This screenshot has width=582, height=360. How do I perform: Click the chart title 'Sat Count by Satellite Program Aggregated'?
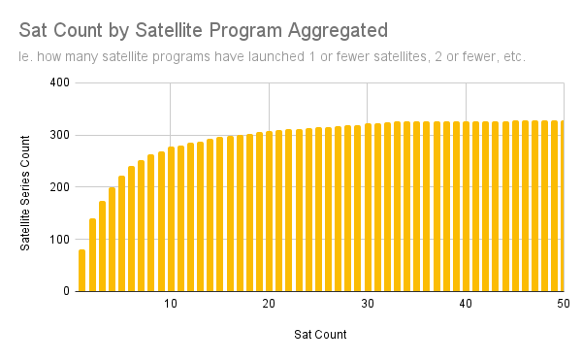tap(204, 31)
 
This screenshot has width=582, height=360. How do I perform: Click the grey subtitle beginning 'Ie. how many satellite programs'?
tap(272, 57)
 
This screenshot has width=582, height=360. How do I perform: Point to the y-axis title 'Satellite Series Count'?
tap(25, 193)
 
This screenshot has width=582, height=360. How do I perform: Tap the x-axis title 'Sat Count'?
tap(320, 335)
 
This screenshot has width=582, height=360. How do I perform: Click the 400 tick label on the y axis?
tap(60, 82)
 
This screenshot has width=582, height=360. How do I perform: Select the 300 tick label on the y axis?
tap(60, 135)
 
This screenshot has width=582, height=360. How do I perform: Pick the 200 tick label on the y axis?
tap(60, 187)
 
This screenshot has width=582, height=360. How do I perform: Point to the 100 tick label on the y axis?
tap(60, 240)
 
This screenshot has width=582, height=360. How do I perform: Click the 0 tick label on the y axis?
tap(66, 291)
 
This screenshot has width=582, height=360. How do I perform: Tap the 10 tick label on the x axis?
tap(171, 304)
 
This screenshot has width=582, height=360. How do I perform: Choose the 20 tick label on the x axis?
tap(269, 304)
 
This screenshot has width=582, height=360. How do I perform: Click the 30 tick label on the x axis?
tap(368, 304)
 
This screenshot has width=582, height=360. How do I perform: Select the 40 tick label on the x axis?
tap(466, 304)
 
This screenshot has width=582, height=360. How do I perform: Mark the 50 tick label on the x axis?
tap(564, 304)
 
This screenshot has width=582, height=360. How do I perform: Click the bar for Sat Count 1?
tap(82, 270)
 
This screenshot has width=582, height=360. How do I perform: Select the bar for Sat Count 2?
tap(92, 255)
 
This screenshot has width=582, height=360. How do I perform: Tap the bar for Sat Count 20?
tap(269, 212)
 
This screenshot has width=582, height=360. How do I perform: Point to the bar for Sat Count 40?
tap(467, 207)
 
